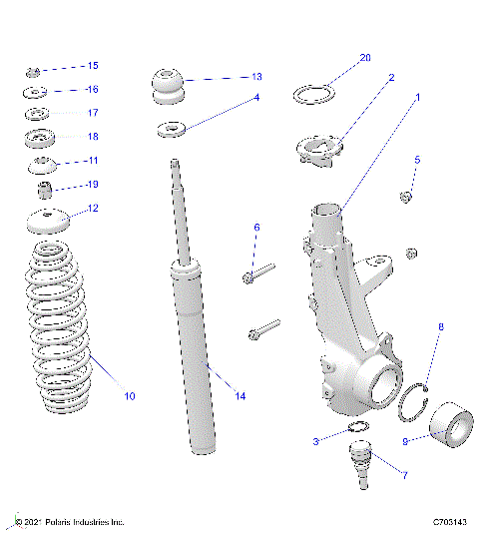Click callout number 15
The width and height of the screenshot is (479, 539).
click(93, 66)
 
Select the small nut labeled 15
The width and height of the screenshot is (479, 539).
click(32, 71)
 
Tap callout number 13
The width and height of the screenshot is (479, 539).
click(256, 76)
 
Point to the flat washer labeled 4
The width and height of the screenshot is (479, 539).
click(171, 129)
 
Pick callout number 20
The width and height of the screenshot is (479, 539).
click(364, 58)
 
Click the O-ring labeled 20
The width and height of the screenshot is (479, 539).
click(313, 95)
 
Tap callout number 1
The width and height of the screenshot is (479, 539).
click(418, 98)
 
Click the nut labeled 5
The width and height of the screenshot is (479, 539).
click(406, 196)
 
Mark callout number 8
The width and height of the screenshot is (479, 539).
click(441, 326)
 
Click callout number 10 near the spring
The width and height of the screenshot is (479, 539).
click(129, 396)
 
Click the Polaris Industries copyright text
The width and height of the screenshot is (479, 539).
click(69, 522)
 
